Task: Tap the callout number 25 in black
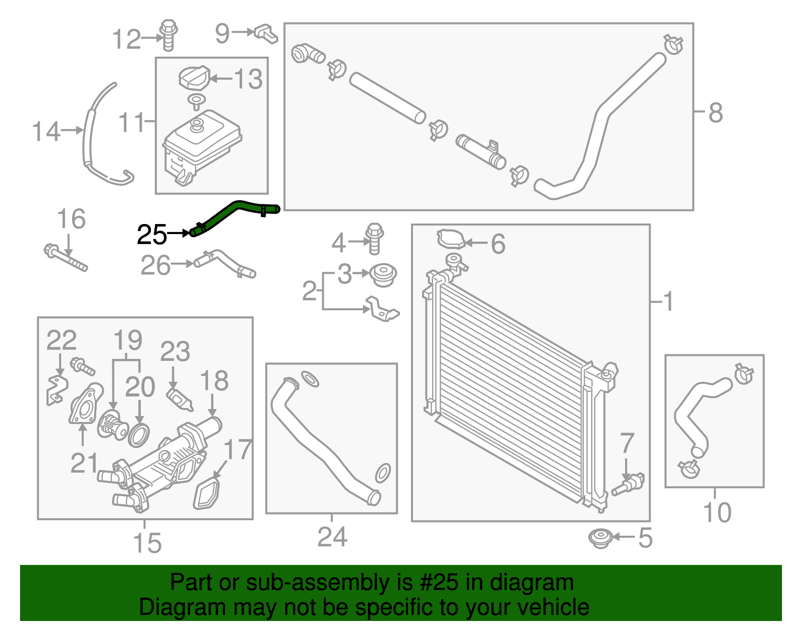coord(151,235)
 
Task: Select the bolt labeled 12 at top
coord(168,35)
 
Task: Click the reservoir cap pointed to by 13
coord(193,78)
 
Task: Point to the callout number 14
coord(46,131)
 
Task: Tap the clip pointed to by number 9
coord(266,34)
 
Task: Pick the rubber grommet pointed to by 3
coord(383,275)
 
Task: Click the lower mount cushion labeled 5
coord(600,538)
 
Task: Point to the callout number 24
coord(332,537)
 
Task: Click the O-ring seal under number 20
coord(139,435)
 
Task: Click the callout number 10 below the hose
coord(717,512)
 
